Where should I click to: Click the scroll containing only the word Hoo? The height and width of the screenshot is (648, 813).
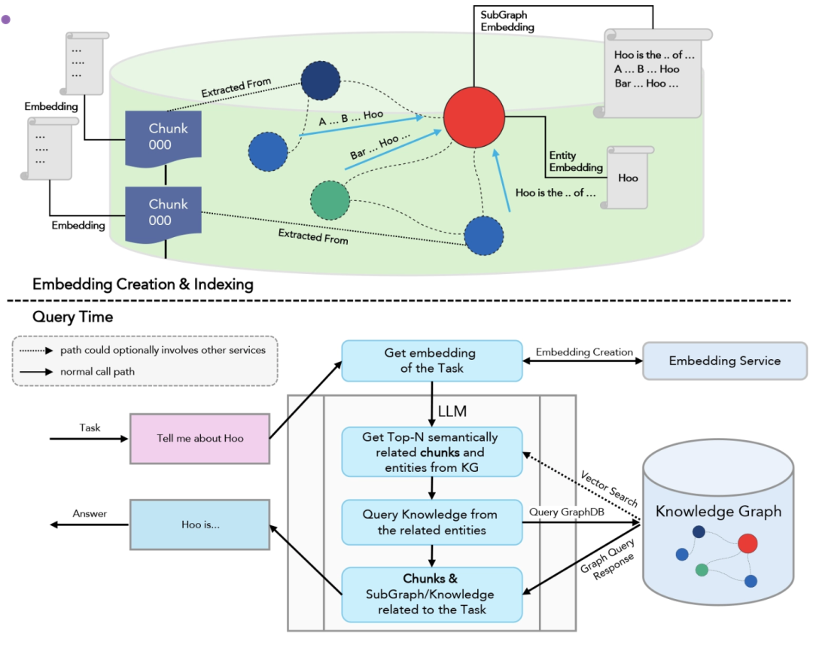627,178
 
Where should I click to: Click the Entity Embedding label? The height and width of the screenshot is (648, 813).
576,161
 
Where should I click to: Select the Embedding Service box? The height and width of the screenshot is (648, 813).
724,361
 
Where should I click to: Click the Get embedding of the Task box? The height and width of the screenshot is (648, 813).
431,360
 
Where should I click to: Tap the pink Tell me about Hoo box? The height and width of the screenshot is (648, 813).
199,438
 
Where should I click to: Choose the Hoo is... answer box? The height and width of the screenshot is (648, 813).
200,524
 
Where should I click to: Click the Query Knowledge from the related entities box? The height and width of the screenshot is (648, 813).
431,522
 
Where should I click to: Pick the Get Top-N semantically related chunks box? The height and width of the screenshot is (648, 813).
431,452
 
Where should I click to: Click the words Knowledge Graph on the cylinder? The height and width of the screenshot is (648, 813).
718,512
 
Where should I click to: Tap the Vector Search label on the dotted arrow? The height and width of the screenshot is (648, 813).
609,488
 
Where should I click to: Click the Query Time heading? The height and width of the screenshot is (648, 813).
73,317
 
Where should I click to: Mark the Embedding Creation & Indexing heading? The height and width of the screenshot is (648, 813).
143,284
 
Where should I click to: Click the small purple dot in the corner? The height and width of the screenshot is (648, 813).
6,20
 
